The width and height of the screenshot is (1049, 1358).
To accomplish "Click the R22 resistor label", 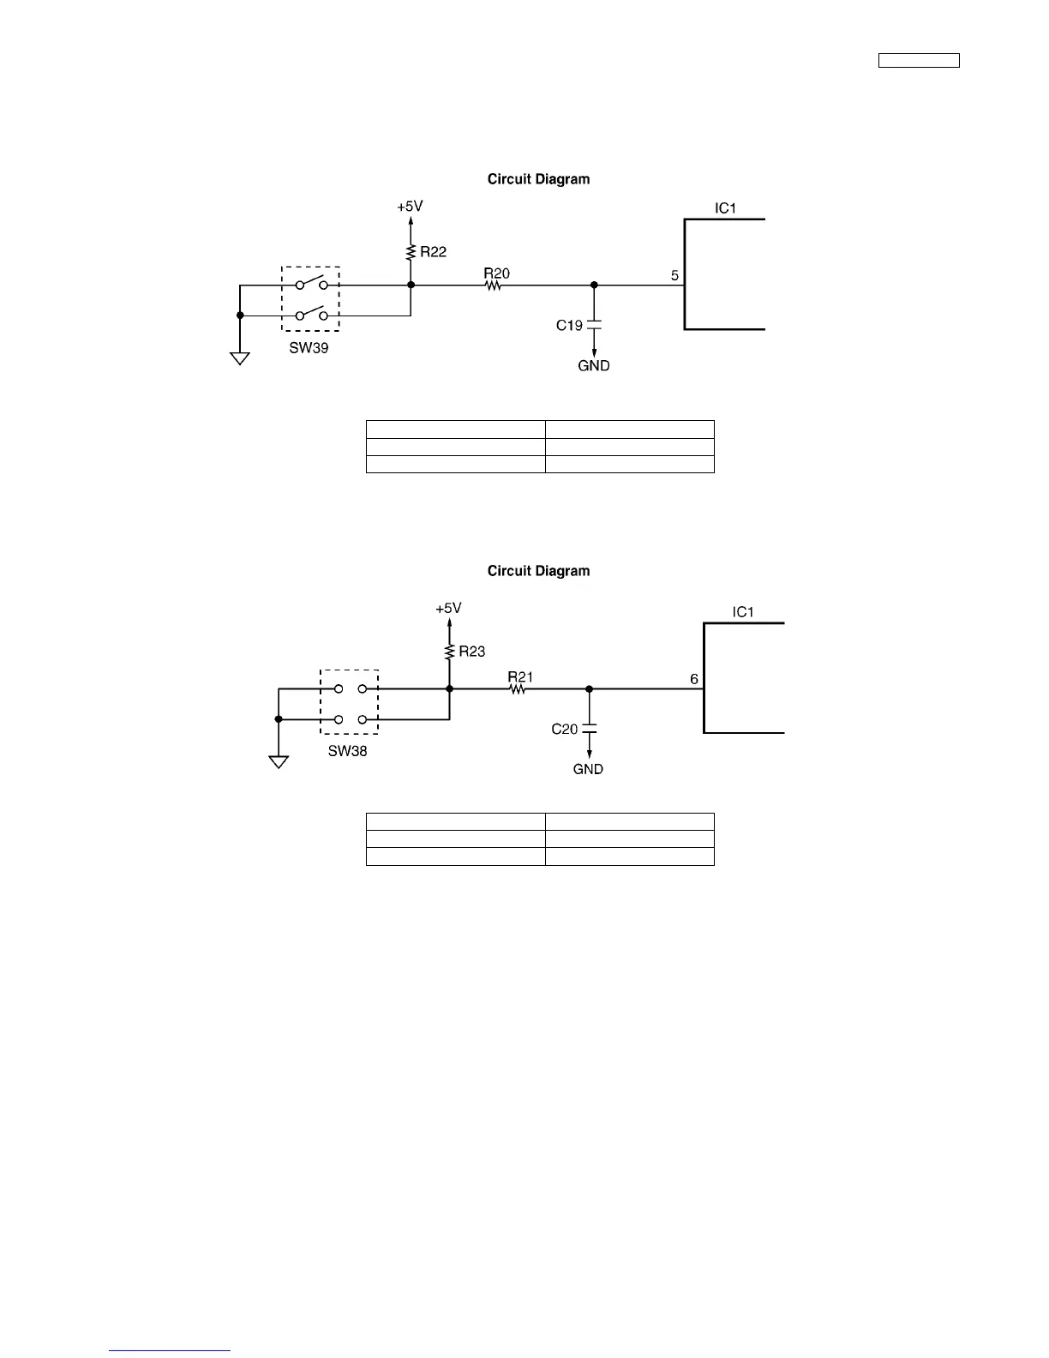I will click(433, 252).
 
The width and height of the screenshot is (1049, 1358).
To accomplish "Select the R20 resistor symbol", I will click(494, 285).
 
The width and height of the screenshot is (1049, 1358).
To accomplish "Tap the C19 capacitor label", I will click(569, 325).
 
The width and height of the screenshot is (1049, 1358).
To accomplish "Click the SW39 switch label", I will click(309, 349).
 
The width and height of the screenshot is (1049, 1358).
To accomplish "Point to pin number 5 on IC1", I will click(674, 276).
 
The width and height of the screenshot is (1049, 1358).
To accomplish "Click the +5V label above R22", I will click(410, 207).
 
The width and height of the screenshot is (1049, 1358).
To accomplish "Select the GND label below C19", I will click(594, 366).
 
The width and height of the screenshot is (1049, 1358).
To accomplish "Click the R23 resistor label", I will click(471, 652).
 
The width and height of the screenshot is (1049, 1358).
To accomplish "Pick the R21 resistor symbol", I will click(517, 688).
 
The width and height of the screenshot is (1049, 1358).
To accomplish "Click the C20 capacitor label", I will click(565, 729).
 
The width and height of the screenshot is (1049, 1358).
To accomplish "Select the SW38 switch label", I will click(347, 751).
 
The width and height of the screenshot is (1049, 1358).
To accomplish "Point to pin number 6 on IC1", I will click(694, 679).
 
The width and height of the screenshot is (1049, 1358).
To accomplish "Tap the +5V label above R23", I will click(448, 608).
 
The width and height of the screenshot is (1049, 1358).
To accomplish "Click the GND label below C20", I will click(588, 769).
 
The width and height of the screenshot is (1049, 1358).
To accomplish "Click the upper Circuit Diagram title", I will click(538, 179).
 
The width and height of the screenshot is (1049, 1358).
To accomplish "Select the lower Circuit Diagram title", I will click(538, 571).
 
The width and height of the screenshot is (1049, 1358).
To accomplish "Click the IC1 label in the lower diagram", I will click(743, 612).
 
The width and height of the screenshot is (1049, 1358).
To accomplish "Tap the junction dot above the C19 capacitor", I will click(594, 285).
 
